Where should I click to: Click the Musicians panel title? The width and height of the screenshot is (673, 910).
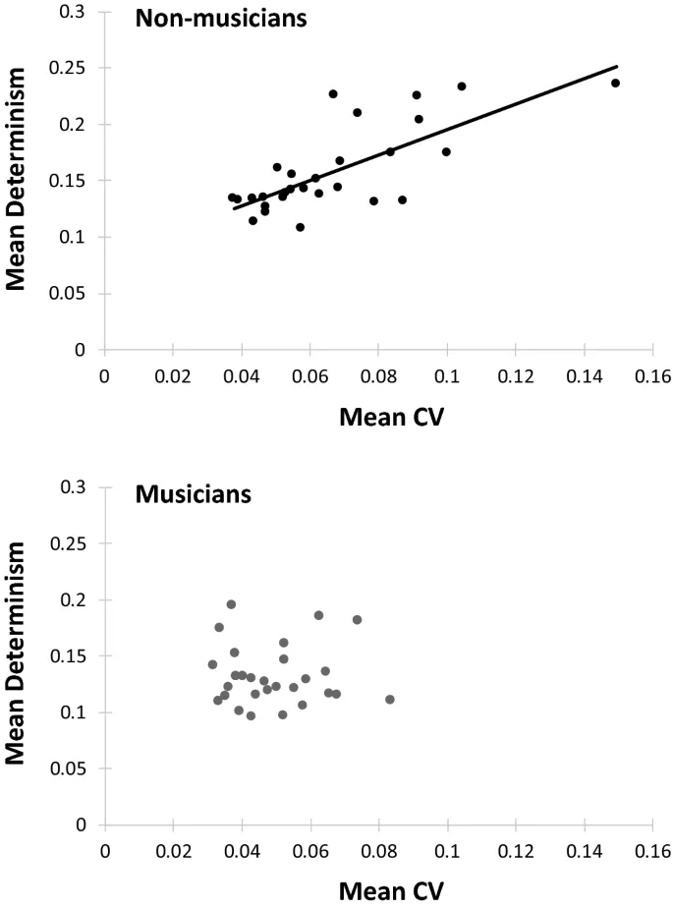[x=193, y=493]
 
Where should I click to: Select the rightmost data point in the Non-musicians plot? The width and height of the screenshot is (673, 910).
[x=616, y=83]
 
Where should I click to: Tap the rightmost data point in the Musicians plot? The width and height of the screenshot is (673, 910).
[x=390, y=700]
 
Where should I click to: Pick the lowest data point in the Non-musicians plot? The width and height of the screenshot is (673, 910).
[x=300, y=227]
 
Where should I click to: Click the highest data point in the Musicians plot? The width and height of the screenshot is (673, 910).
[x=231, y=604]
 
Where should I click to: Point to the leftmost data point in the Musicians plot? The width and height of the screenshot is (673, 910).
[x=212, y=664]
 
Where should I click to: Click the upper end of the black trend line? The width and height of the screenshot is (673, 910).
[x=617, y=67]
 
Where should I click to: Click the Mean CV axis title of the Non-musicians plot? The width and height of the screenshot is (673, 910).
[x=391, y=417]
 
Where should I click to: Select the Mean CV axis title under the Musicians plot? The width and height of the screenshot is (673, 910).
[x=391, y=891]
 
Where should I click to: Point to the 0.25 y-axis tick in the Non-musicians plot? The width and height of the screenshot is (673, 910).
[x=75, y=69]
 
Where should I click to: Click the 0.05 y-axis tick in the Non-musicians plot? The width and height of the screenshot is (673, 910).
[x=75, y=294]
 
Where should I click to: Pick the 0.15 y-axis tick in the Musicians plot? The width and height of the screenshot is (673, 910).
[x=75, y=656]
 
